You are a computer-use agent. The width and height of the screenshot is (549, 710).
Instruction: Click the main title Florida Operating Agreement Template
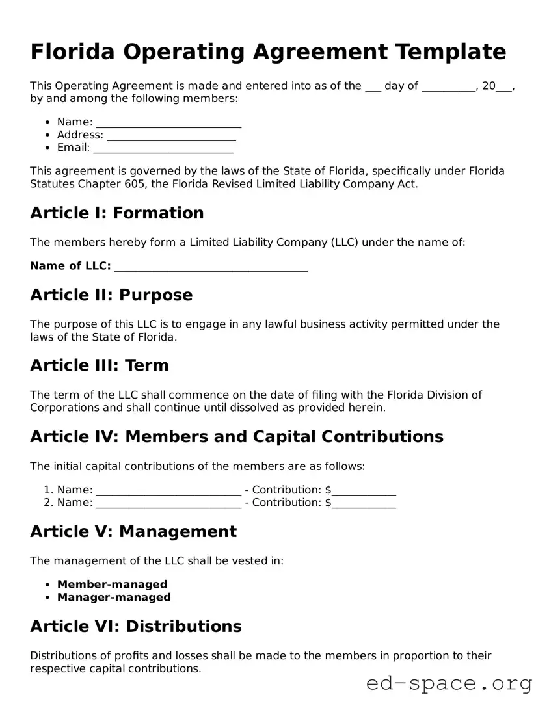(x=268, y=52)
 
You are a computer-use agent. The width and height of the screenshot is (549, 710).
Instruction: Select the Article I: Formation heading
(x=117, y=213)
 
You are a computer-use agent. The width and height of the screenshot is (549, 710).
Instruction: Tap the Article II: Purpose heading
(x=111, y=295)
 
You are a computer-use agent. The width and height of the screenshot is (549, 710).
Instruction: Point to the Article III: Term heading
(x=100, y=365)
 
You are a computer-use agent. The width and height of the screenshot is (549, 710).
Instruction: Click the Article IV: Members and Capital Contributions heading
(x=237, y=436)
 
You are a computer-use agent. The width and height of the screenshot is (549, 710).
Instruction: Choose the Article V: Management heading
(x=133, y=531)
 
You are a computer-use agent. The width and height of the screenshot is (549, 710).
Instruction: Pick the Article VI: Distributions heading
(x=136, y=626)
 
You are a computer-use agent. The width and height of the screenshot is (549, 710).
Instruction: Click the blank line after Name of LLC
(x=211, y=267)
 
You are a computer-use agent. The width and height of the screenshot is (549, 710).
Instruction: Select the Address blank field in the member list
(x=171, y=135)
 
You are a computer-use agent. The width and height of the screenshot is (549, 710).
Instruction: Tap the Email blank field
(x=163, y=148)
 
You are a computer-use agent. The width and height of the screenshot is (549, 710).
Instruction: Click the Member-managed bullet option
(x=112, y=584)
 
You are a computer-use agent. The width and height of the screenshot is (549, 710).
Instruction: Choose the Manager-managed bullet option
(x=114, y=597)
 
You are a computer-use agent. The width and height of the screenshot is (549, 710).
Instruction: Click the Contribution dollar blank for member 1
(x=364, y=490)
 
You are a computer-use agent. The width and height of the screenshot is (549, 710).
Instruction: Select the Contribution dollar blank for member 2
(x=364, y=503)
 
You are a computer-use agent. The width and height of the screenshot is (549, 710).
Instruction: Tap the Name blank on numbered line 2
(x=168, y=503)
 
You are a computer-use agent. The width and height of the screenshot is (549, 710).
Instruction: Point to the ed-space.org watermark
(x=449, y=683)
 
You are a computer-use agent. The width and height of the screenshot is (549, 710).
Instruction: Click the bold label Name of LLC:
(x=70, y=266)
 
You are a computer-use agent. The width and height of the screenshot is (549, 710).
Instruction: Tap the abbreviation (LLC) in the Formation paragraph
(x=344, y=243)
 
